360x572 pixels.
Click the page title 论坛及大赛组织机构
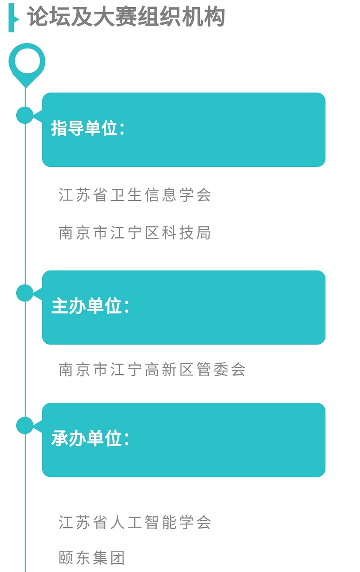126,17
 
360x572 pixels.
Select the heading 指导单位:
88,129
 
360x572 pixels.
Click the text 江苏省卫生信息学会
135,195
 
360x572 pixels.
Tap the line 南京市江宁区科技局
135,233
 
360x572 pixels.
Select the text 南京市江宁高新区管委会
152,369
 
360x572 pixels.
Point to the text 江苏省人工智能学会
135,522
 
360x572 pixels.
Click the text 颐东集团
92,558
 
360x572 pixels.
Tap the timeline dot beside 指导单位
25,115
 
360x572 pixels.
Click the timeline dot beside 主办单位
25,293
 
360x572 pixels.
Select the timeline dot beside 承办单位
25,425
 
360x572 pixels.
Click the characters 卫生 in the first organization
127,195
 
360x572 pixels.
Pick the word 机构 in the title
208,17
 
